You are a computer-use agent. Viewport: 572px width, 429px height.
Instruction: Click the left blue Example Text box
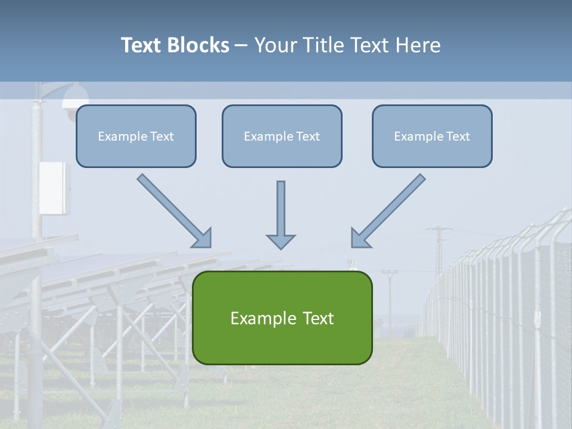pos(136,136)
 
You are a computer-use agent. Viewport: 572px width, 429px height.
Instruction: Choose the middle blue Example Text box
pos(282,136)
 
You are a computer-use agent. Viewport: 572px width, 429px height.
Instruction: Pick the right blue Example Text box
pos(432,136)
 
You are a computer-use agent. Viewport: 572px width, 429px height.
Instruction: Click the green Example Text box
pos(282,318)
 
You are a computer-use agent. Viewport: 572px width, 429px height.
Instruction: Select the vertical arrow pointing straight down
pos(281,214)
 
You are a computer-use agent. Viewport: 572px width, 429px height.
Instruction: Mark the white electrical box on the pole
pos(54,187)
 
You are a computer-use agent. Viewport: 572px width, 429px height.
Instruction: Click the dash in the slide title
pos(241,45)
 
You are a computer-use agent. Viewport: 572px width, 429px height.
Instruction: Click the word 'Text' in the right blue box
pos(457,136)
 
